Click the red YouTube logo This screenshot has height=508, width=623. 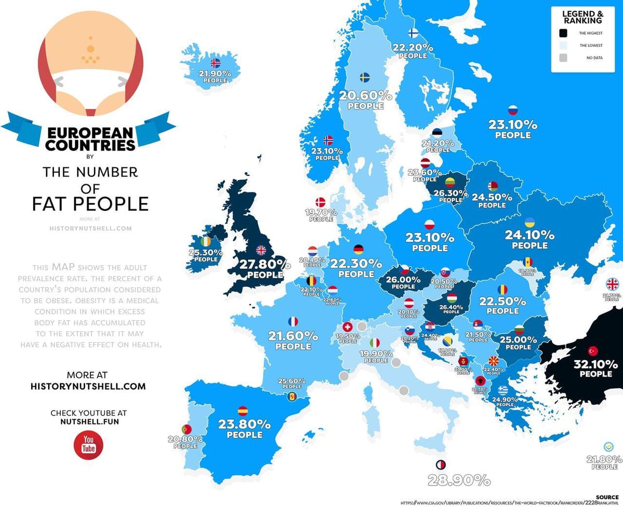pyautogui.click(x=88, y=444)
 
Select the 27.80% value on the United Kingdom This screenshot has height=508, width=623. pyautogui.click(x=261, y=264)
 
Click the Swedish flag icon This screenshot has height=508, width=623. pyautogui.click(x=365, y=77)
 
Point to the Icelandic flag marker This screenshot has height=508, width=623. pyautogui.click(x=216, y=63)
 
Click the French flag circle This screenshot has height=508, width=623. pyautogui.click(x=293, y=322)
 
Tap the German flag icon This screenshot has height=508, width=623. pyautogui.click(x=358, y=250)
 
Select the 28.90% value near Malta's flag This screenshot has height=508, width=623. pyautogui.click(x=458, y=480)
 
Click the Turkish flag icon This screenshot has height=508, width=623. pyautogui.click(x=592, y=350)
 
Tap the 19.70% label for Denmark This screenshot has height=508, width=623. pyautogui.click(x=321, y=212)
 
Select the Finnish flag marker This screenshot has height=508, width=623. pyautogui.click(x=414, y=33)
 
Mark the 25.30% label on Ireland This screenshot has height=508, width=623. pyautogui.click(x=206, y=253)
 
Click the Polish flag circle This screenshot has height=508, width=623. pyautogui.click(x=429, y=225)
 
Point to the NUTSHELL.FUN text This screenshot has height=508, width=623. pyautogui.click(x=88, y=422)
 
